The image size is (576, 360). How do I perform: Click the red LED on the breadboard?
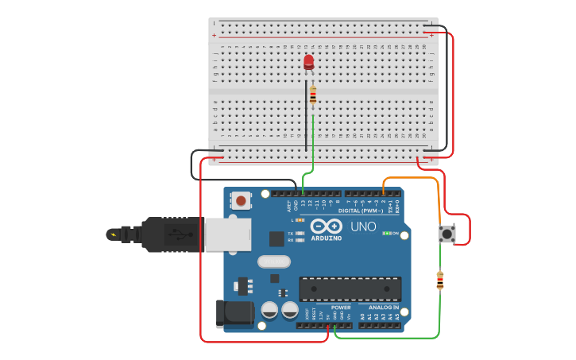pyautogui.click(x=308, y=62)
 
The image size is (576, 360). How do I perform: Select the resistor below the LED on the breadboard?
pyautogui.click(x=313, y=96)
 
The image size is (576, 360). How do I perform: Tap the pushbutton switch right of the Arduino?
pyautogui.click(x=447, y=234)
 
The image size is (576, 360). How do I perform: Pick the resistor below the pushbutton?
pyautogui.click(x=440, y=281)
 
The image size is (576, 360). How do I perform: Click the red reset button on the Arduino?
pyautogui.click(x=240, y=201)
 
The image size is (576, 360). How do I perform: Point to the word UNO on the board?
pyautogui.click(x=363, y=226)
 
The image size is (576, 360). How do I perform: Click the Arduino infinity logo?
pyautogui.click(x=326, y=226)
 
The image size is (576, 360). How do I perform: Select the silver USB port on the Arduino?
pyautogui.click(x=227, y=235)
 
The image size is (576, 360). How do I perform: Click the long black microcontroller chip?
pyautogui.click(x=350, y=288)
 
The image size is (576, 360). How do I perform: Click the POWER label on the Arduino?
pyautogui.click(x=341, y=308)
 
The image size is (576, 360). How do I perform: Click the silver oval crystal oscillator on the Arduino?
pyautogui.click(x=273, y=261)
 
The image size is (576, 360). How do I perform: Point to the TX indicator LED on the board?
pyautogui.click(x=300, y=233)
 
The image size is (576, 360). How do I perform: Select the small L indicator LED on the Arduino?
pyautogui.click(x=300, y=219)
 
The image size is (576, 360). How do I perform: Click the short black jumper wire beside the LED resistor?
pyautogui.click(x=306, y=119)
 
